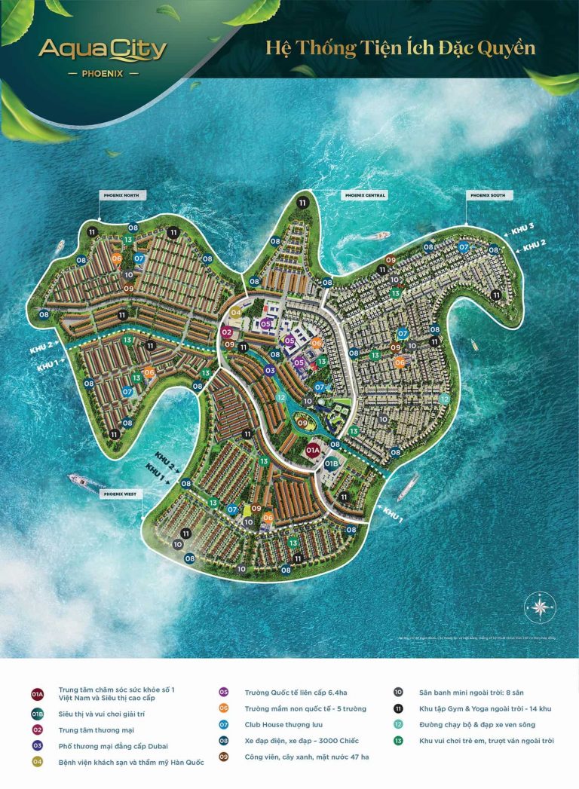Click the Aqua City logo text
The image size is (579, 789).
pyautogui.click(x=103, y=50)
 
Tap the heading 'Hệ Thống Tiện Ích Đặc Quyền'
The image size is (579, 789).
pyautogui.click(x=400, y=47)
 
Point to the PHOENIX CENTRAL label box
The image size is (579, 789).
pyautogui.click(x=364, y=195)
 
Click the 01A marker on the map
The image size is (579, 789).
pyautogui.click(x=313, y=450)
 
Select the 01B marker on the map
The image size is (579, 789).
pyautogui.click(x=332, y=464)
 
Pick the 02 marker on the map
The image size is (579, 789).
pyautogui.click(x=227, y=332)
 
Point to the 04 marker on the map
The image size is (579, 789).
pyautogui.click(x=236, y=312)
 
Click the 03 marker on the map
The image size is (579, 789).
pyautogui.click(x=269, y=370)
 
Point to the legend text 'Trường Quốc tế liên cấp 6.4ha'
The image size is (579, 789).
pyautogui.click(x=295, y=691)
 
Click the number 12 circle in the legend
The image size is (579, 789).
pyautogui.click(x=398, y=724)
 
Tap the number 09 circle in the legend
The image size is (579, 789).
pyautogui.click(x=223, y=757)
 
